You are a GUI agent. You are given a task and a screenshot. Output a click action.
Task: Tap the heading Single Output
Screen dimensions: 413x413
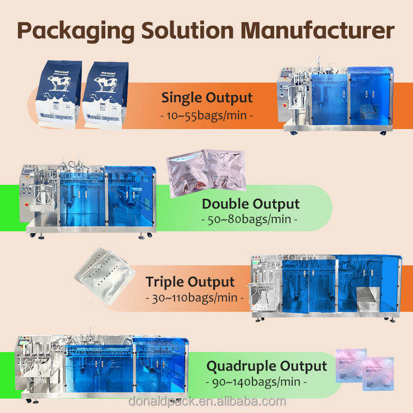coord(207,98)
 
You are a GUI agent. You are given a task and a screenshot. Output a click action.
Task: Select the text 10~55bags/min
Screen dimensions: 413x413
coord(207,115)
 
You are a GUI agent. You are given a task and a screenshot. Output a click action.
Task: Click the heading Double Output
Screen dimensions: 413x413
coord(250,203)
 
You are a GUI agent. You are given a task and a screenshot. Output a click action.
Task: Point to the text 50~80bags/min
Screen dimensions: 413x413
coord(250,220)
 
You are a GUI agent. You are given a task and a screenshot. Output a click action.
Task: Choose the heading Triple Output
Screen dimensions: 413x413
coord(190,282)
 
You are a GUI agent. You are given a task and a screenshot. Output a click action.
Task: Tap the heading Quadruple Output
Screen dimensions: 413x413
coord(267,366)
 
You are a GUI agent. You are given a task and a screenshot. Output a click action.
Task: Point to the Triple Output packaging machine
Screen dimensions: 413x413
coord(327,287)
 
